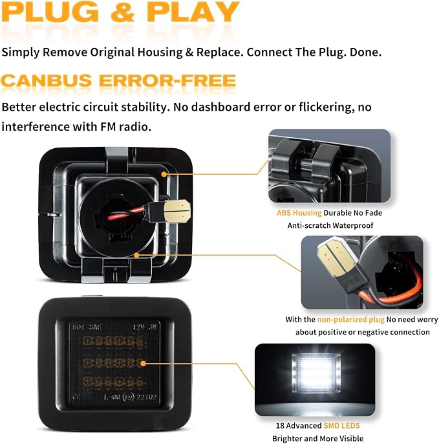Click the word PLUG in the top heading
tap(50, 12)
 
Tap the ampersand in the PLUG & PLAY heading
tap(122, 12)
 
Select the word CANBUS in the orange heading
tap(47, 81)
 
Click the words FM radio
tap(125, 127)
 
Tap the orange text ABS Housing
tap(299, 213)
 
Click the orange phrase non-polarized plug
tap(350, 320)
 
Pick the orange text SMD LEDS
tap(341, 426)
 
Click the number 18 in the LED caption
tap(280, 426)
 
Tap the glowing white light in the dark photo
tap(316, 373)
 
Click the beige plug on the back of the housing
tap(177, 211)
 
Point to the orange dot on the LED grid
tap(143, 363)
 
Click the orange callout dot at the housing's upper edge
tap(164, 174)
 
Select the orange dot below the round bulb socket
tap(136, 255)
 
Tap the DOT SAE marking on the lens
tap(87, 327)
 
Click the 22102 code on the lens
tap(146, 397)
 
